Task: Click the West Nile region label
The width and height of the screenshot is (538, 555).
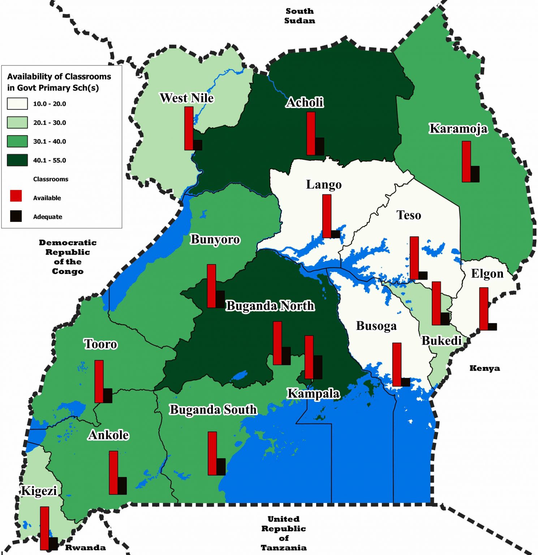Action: [186, 98]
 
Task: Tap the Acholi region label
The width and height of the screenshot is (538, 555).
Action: [305, 102]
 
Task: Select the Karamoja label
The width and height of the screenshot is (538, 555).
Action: [458, 129]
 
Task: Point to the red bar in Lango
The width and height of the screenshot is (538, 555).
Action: [327, 216]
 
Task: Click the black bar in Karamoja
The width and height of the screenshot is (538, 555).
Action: [475, 174]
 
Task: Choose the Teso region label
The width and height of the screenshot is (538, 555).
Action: [409, 215]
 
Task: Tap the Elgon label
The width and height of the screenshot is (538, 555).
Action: [487, 274]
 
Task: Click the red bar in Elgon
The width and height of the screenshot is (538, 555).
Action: [484, 309]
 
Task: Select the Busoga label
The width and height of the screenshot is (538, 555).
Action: [376, 326]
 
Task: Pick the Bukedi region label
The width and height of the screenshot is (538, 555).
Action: [442, 341]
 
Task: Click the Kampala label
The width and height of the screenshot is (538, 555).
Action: [313, 393]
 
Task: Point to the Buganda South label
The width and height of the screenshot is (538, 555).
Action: [213, 410]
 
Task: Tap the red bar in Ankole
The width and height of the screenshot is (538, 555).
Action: [113, 473]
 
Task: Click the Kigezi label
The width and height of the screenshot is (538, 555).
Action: [39, 491]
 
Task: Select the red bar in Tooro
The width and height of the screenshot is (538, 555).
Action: [99, 382]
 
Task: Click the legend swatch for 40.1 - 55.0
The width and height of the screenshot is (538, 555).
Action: [17, 160]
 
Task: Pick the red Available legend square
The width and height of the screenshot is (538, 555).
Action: [16, 196]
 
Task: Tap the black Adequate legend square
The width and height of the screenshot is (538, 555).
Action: [16, 216]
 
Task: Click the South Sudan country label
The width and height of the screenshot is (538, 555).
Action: [300, 16]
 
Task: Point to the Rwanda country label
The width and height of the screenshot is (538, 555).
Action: [85, 548]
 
